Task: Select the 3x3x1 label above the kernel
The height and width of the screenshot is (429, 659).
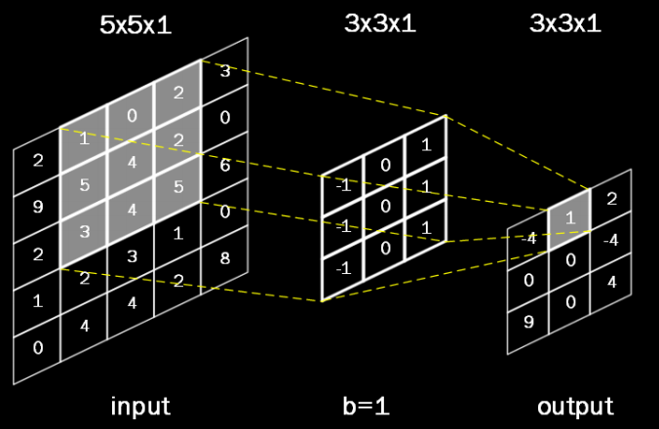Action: (380, 24)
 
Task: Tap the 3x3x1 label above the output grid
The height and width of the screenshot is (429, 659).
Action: (565, 24)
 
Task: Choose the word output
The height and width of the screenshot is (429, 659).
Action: (575, 405)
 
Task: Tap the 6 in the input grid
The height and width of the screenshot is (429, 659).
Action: (225, 167)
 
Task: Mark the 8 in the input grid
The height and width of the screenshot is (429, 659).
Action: (225, 258)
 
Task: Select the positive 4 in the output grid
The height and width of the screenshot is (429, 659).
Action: (611, 283)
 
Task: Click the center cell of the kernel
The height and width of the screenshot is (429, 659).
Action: (384, 207)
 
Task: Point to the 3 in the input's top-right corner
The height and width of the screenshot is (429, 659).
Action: (225, 70)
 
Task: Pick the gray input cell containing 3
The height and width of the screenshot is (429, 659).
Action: (84, 232)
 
